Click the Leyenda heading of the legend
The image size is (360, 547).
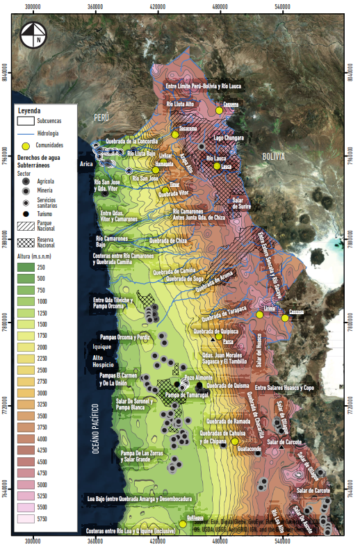29,111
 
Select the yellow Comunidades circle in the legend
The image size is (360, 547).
26,145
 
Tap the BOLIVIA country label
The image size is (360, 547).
274,158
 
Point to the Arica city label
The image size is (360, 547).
86,164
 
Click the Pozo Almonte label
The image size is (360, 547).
198,377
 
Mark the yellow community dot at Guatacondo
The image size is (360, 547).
235,441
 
